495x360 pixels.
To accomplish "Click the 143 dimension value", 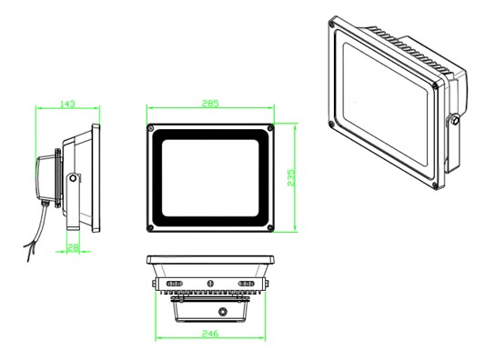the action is [x=67, y=104].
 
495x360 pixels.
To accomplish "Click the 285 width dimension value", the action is [x=210, y=104].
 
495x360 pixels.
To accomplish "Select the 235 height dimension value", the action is [x=291, y=177].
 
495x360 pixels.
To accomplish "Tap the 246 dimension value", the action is [x=210, y=333].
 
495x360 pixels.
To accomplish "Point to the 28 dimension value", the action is [x=73, y=247].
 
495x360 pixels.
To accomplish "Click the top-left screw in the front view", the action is [x=150, y=128].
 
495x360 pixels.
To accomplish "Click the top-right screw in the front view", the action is [x=270, y=128].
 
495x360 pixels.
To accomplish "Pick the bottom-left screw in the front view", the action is [x=150, y=227].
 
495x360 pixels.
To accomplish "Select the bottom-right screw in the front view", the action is [x=270, y=227].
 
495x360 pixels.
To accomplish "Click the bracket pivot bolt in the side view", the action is [x=73, y=178].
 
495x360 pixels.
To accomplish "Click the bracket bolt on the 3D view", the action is [x=455, y=120].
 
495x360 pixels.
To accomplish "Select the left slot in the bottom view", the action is [x=175, y=284].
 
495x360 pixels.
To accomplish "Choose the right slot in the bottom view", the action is [x=247, y=284].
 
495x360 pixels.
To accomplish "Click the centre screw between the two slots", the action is [x=210, y=284].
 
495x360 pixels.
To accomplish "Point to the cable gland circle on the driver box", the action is [x=223, y=312].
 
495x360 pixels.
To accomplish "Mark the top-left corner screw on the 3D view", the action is [x=331, y=24].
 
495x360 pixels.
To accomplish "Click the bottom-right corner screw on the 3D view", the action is [x=435, y=185].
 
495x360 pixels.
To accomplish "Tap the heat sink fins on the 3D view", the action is [x=410, y=49].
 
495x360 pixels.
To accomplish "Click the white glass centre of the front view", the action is [x=210, y=178].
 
